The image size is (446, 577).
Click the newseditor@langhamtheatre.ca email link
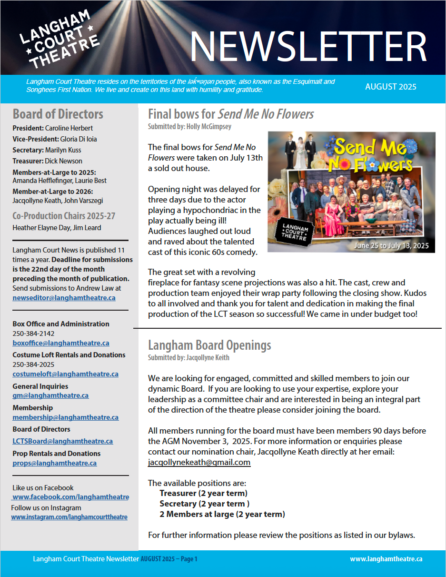(64, 298)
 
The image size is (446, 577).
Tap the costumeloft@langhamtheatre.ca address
(65, 374)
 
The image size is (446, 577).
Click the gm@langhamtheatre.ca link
(50, 395)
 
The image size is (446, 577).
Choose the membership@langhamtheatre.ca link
(65, 417)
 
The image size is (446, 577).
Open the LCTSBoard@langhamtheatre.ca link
(62, 441)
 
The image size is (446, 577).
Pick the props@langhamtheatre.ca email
(54, 463)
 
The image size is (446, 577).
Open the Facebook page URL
(71, 497)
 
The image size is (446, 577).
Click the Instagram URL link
(69, 517)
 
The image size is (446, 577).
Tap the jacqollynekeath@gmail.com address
(199, 462)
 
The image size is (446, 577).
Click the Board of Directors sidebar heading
(58, 114)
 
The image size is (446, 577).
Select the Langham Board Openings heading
(209, 345)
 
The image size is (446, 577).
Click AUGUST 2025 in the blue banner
(391, 87)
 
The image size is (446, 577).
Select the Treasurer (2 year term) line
(203, 493)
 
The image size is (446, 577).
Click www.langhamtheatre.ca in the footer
(386, 559)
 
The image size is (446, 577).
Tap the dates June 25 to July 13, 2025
(391, 246)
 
